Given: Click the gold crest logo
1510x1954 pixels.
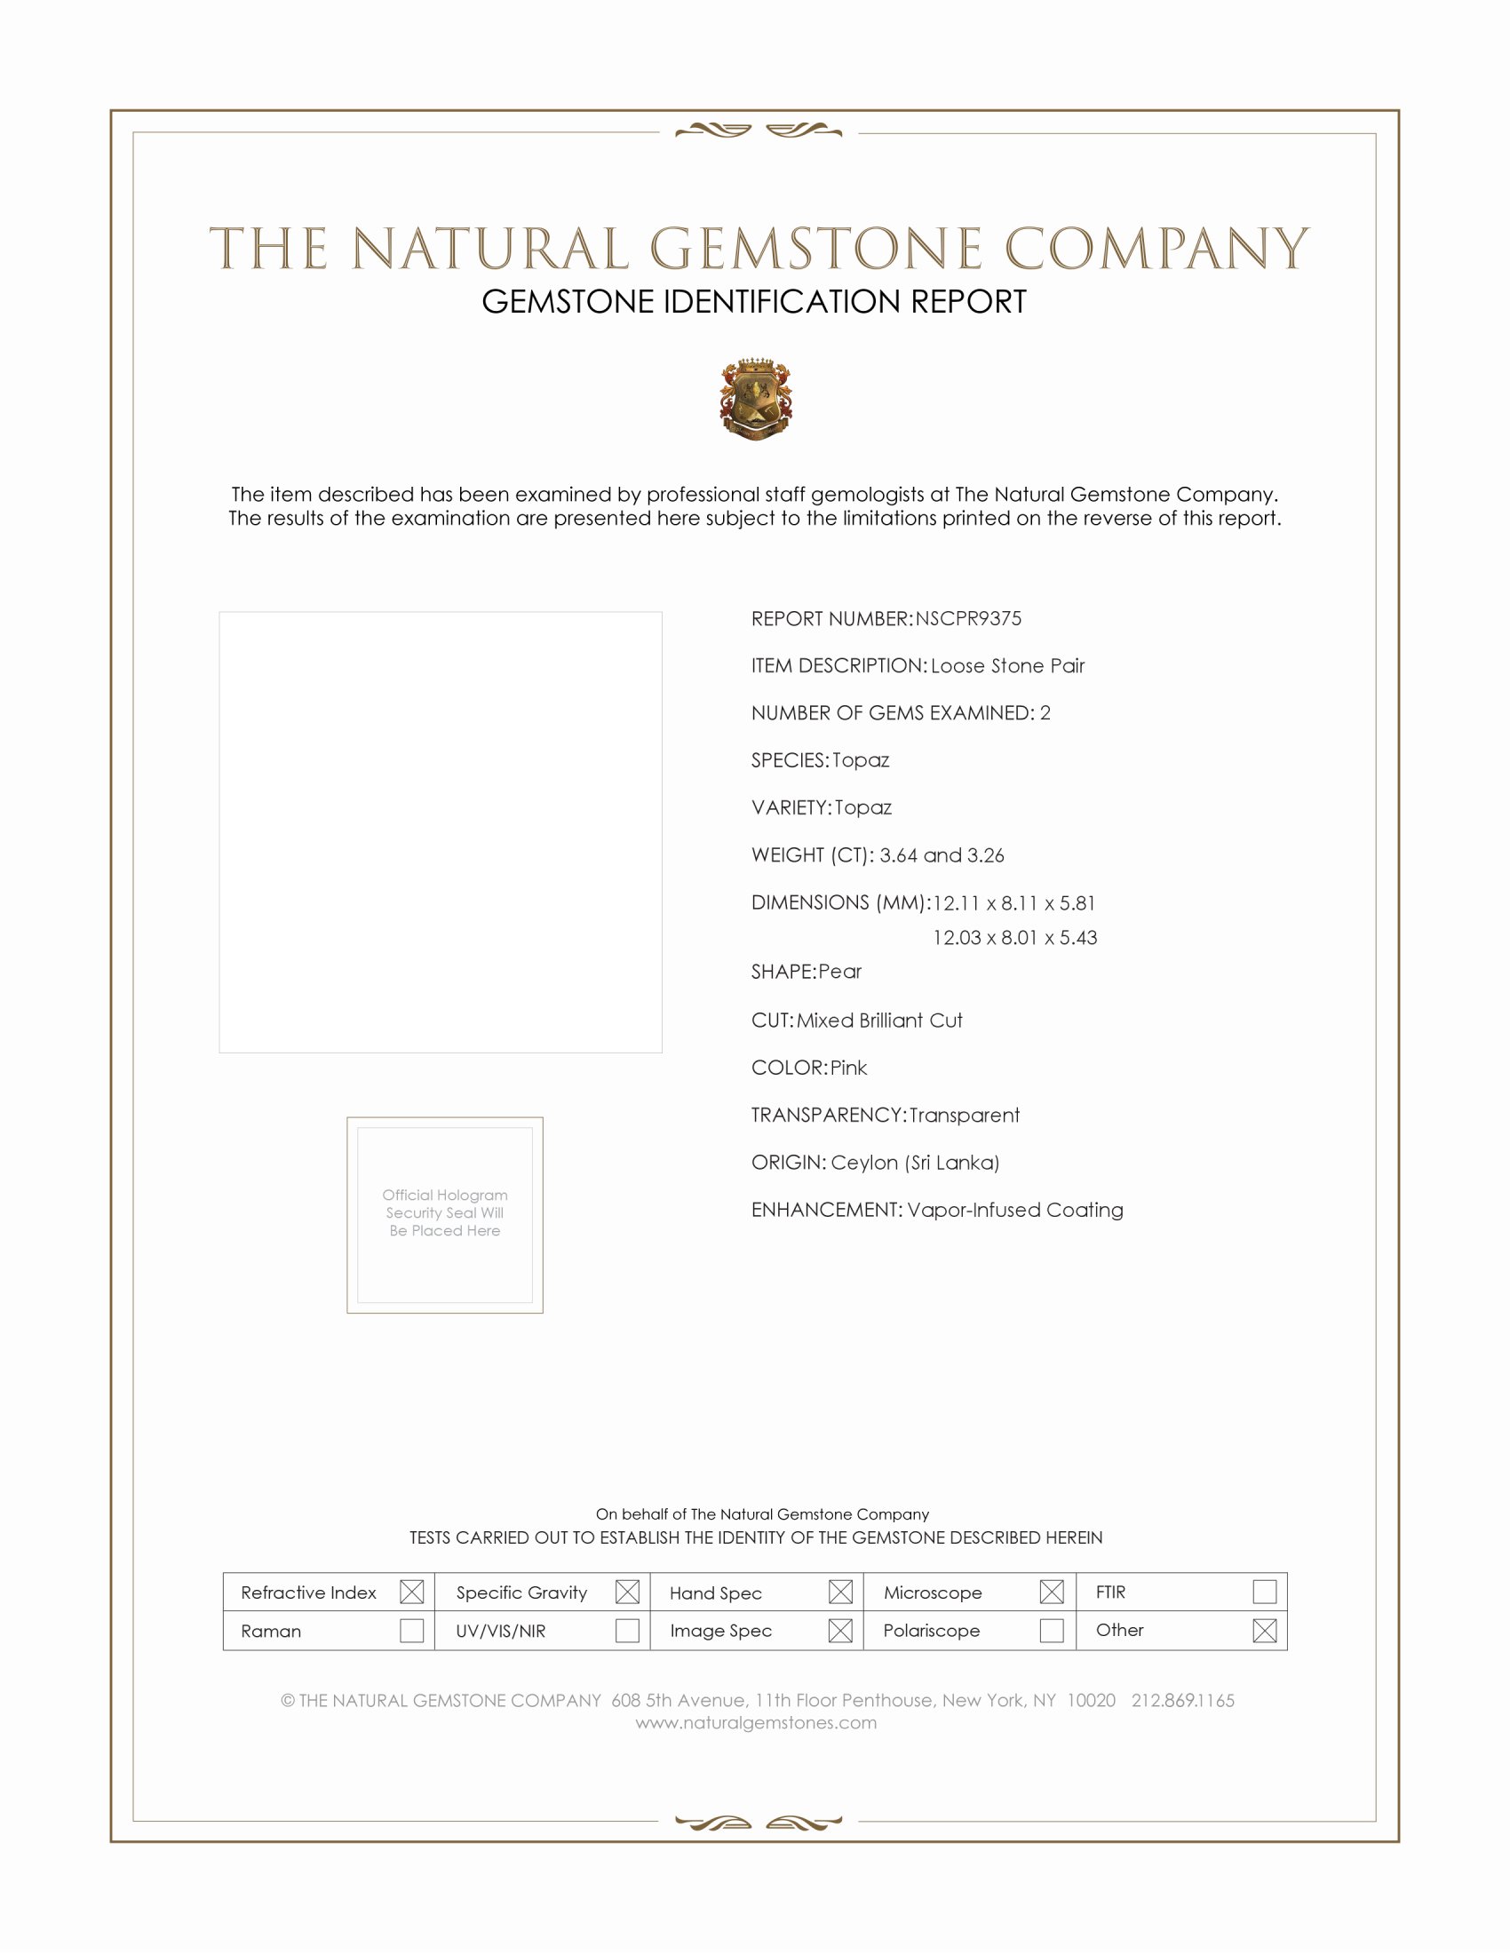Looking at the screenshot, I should click(x=756, y=399).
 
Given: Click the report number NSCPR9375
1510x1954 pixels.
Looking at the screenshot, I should click(x=968, y=618).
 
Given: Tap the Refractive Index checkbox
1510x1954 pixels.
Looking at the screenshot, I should click(x=411, y=1592).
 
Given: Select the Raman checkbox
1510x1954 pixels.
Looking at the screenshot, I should click(x=411, y=1630).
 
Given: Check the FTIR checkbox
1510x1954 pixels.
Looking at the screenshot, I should click(x=1264, y=1591).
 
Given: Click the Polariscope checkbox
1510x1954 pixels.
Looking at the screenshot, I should click(x=1052, y=1630).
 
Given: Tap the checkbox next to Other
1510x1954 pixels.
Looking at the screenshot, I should click(x=1264, y=1630).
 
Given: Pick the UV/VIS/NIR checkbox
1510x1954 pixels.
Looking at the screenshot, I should click(x=627, y=1630).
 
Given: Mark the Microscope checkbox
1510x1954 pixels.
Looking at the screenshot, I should click(x=1052, y=1592).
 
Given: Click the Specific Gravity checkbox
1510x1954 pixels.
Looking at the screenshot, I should click(x=627, y=1592).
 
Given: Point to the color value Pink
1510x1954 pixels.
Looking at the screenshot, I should click(x=848, y=1068).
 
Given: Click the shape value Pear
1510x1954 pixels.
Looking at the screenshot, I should click(x=839, y=972).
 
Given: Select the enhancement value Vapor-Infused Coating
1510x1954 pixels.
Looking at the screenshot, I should click(x=1014, y=1210).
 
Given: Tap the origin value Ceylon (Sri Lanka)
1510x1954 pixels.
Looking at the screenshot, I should click(x=914, y=1163).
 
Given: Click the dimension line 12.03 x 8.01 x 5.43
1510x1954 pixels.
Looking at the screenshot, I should click(x=1014, y=938).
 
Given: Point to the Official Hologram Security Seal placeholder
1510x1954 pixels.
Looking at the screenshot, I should click(x=445, y=1214).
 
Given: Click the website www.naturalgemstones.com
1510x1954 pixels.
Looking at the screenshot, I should click(x=756, y=1722).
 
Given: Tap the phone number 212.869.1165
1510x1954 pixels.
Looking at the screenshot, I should click(x=1182, y=1700).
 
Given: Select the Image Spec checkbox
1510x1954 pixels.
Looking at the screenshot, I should click(x=840, y=1630).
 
